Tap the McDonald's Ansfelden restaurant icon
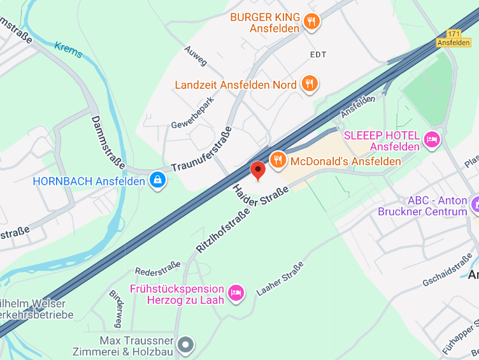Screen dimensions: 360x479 pyautogui.click(x=278, y=160)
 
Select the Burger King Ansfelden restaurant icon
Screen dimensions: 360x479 pyautogui.click(x=311, y=22)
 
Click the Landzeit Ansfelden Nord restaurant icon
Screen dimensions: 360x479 pyautogui.click(x=310, y=84)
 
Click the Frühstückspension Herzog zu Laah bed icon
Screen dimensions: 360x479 pyautogui.click(x=236, y=293)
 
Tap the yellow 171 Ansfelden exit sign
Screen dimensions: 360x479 pyautogui.click(x=453, y=38)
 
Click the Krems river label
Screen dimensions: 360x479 pyautogui.click(x=68, y=50)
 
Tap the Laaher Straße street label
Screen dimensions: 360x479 pyautogui.click(x=280, y=278)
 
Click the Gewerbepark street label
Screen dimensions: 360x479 pyautogui.click(x=192, y=112)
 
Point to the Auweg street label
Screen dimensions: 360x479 pyautogui.click(x=196, y=56)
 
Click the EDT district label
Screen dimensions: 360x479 pyautogui.click(x=318, y=55)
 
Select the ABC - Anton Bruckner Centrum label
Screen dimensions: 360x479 pyautogui.click(x=422, y=206)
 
